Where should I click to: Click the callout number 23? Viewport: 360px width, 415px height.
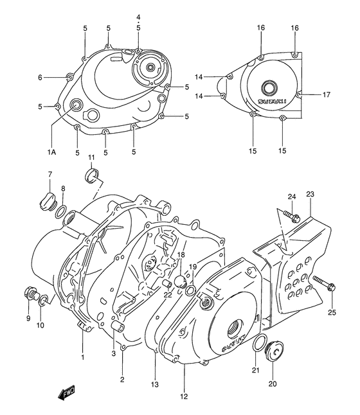point(310,195)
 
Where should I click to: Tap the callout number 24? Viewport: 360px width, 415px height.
point(291,197)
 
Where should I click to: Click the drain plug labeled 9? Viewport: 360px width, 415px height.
point(29,295)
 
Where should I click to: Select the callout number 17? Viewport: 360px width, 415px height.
point(327,94)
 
